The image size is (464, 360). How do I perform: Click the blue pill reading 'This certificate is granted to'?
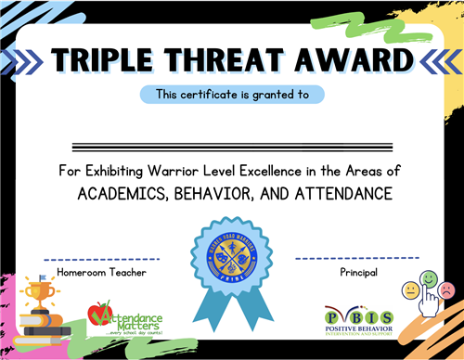(x=232, y=94)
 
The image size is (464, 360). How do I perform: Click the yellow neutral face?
(x=410, y=289)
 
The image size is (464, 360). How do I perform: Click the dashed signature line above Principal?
(x=357, y=258)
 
